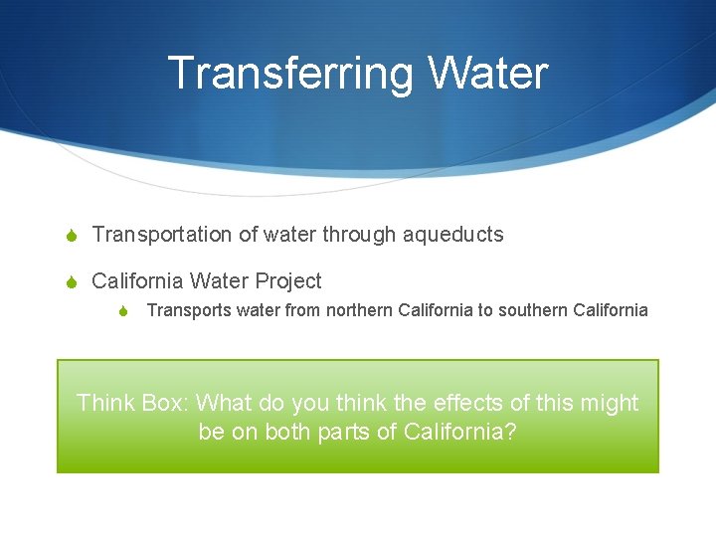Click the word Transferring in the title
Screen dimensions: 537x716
(290, 73)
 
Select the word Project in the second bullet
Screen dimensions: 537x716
(289, 281)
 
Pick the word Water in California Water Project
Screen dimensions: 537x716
(221, 281)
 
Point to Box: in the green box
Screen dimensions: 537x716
(164, 403)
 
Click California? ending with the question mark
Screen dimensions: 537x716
(460, 434)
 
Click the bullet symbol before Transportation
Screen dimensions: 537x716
(69, 236)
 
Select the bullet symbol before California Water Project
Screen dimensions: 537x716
(69, 282)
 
